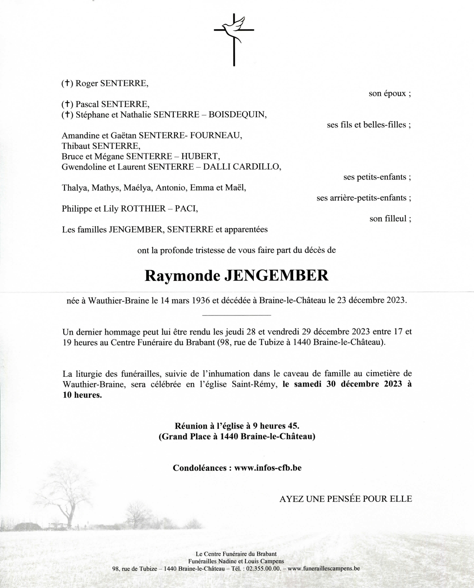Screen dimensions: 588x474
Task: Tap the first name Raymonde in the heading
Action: (182, 276)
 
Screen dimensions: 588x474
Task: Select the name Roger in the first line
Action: (86, 83)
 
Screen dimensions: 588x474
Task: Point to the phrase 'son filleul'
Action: (389, 219)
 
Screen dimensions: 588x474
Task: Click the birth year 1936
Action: (201, 300)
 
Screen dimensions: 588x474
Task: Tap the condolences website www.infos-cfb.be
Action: (268, 468)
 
